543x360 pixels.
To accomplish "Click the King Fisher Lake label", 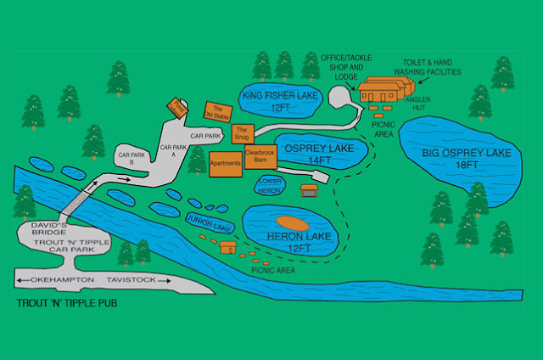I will (x=278, y=96).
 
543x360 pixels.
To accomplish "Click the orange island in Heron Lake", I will (x=291, y=222).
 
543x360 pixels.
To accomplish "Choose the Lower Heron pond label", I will (x=269, y=186).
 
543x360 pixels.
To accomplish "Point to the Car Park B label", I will (x=131, y=158).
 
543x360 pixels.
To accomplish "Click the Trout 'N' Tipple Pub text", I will (x=67, y=303).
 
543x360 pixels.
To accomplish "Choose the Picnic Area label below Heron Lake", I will (x=272, y=270).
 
